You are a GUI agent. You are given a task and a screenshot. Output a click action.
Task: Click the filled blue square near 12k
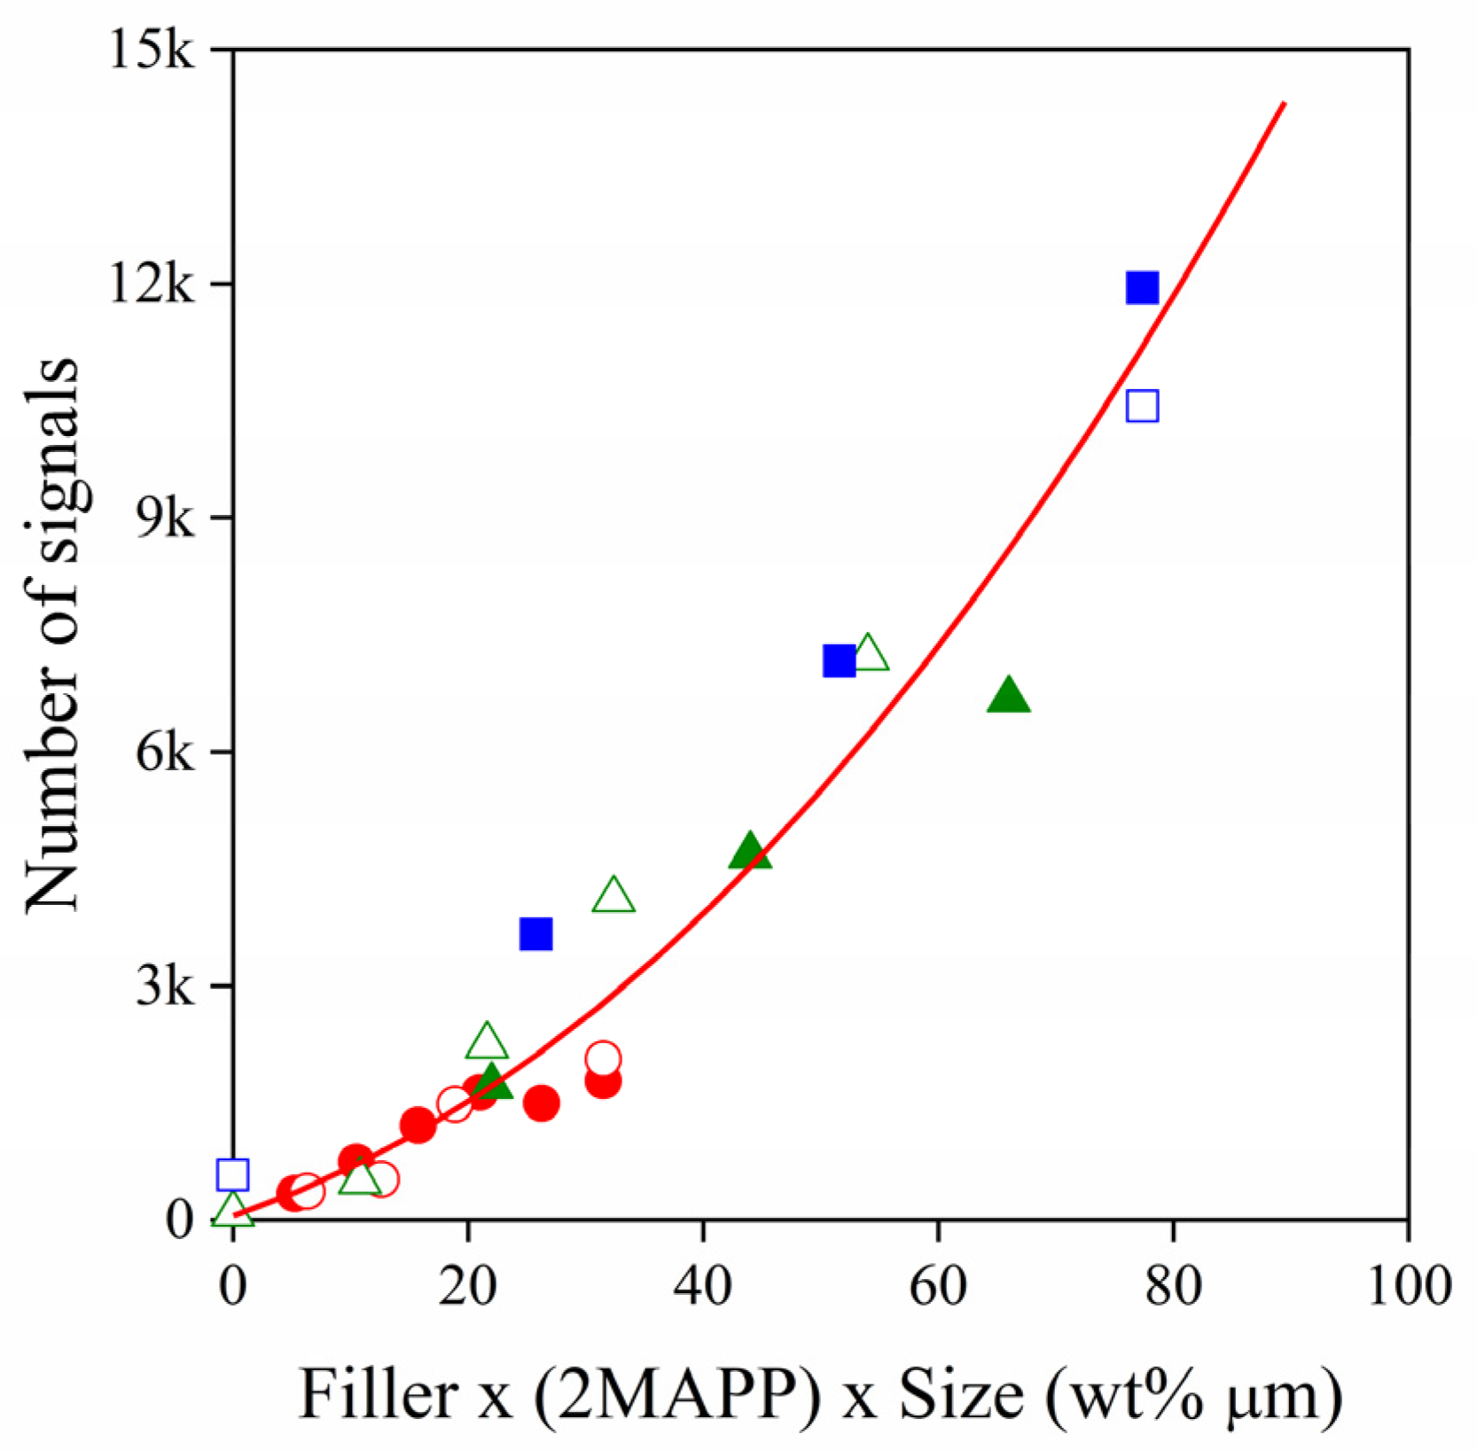coord(1142,288)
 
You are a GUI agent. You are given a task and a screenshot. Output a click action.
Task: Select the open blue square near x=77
coord(1142,406)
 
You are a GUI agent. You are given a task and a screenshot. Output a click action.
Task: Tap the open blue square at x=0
coord(232,1174)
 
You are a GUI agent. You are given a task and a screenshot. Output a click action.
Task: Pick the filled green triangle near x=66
coord(1008,696)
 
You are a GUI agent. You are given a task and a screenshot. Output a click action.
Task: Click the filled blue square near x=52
coord(839,660)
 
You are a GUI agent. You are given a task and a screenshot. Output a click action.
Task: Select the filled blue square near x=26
coord(535,933)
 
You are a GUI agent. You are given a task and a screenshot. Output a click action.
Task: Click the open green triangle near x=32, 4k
coord(613,896)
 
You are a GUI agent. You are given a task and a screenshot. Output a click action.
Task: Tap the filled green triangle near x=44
coord(750,851)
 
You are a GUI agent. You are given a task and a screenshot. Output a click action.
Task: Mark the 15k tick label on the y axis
coord(150,51)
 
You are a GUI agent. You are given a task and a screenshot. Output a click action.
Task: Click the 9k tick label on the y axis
coord(163,519)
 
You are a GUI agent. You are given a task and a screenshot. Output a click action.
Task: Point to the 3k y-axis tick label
coord(163,986)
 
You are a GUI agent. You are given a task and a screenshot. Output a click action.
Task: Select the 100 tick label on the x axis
coord(1409,1285)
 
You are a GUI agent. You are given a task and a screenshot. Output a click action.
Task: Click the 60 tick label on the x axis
coord(938,1285)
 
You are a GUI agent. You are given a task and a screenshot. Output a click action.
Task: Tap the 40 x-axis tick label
coord(703,1285)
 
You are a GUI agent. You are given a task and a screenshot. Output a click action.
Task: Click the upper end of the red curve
coord(1284,105)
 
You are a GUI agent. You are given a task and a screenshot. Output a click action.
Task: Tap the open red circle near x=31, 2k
coord(603,1058)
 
